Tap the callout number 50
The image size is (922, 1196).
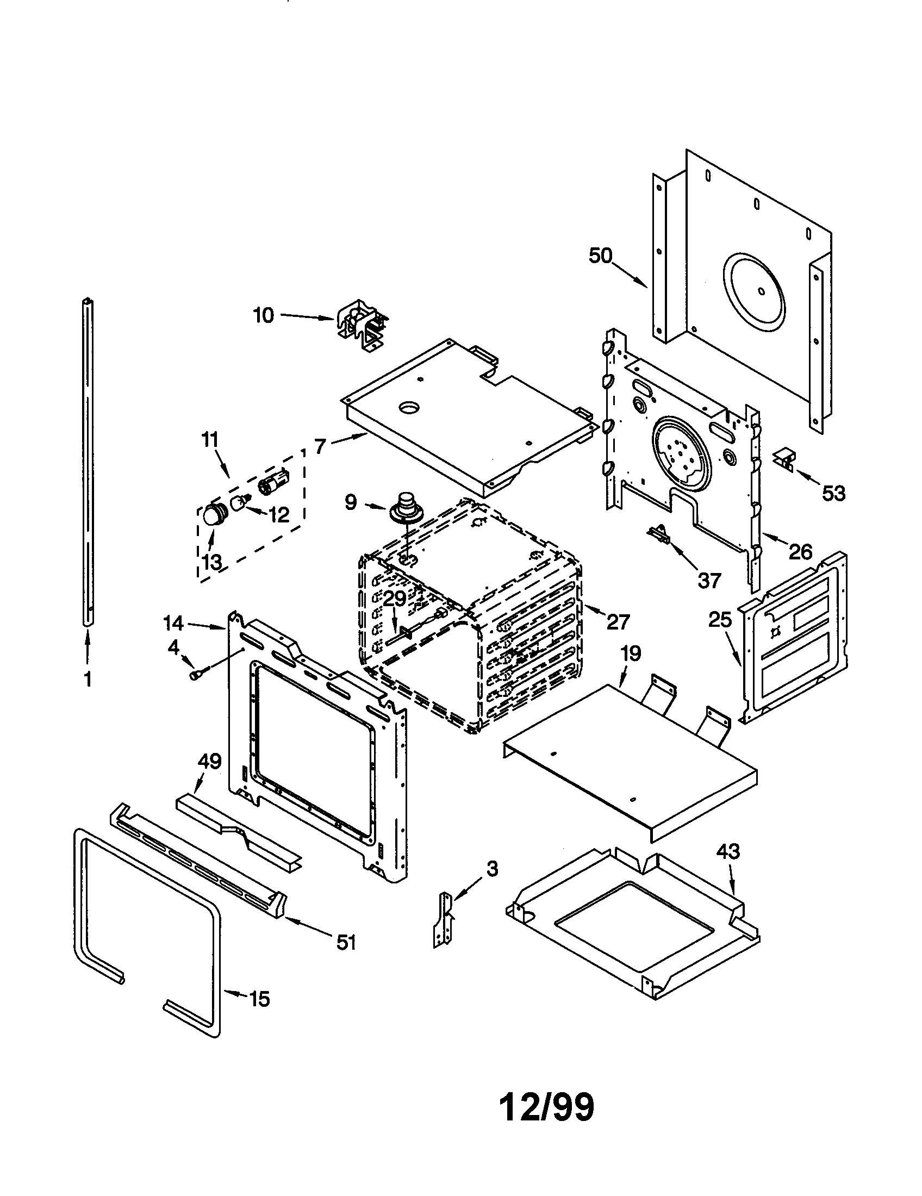pos(601,255)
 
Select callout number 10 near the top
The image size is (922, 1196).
pos(263,315)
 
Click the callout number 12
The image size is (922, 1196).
pos(279,515)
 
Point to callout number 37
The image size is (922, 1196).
pos(708,580)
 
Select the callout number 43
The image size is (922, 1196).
pos(728,851)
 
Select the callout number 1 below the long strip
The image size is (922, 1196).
pos(87,679)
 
